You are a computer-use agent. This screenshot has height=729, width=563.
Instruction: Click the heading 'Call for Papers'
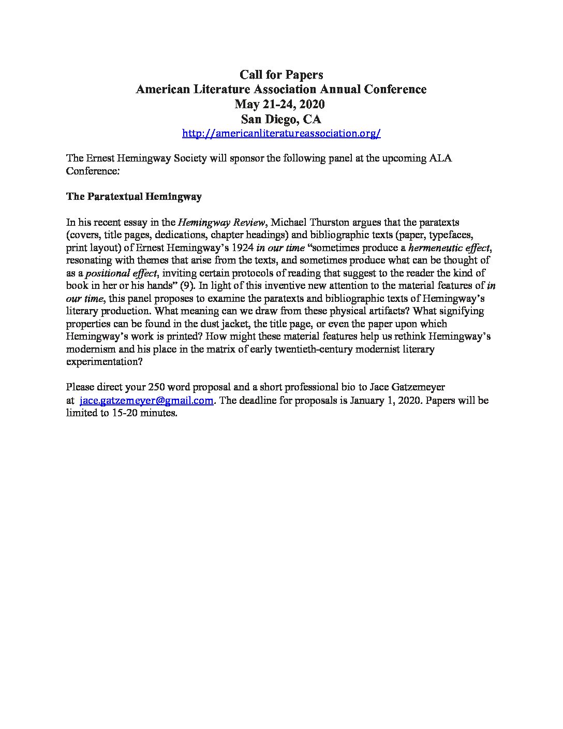[x=281, y=75]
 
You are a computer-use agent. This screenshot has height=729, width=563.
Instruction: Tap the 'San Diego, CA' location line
[x=281, y=119]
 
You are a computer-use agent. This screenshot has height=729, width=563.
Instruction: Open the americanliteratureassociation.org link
[x=281, y=134]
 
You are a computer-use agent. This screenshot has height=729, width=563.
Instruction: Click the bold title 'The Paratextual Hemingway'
[x=134, y=197]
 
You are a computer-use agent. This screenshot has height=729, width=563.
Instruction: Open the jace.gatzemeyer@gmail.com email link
[x=146, y=401]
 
